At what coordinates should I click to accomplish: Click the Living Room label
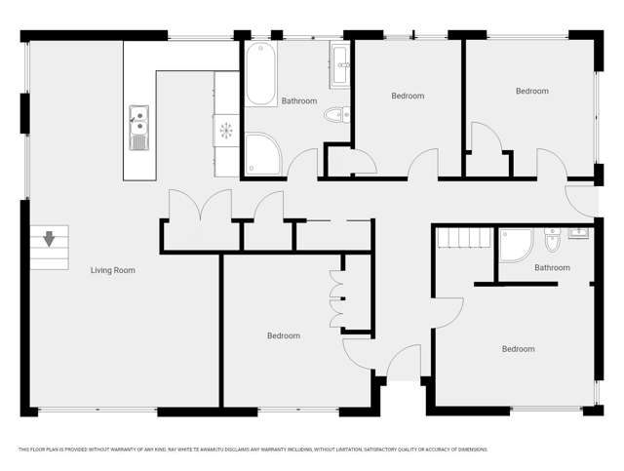[112, 270]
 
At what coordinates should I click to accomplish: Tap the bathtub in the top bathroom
[261, 75]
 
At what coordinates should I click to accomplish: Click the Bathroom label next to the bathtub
[299, 100]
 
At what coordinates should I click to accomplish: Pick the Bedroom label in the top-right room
[531, 91]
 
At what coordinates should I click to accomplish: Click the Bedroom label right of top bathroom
[408, 96]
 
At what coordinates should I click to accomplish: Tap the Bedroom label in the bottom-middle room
[283, 335]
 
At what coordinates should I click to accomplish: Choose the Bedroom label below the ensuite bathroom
[518, 349]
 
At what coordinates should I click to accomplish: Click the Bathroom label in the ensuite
[552, 267]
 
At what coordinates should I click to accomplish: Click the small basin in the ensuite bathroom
[579, 233]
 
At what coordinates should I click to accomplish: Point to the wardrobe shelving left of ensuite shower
[464, 238]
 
